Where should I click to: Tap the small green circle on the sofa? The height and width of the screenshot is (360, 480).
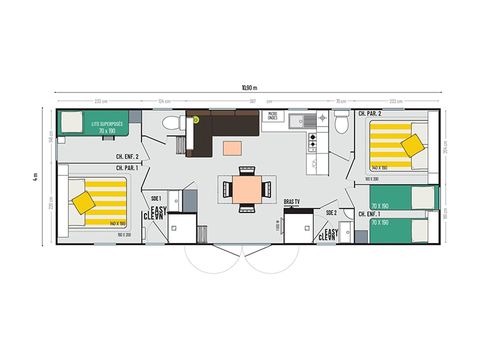tap(196, 118)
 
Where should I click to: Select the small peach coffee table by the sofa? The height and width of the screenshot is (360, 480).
tap(233, 148)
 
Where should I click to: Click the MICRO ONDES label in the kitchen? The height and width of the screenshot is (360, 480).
tap(272, 116)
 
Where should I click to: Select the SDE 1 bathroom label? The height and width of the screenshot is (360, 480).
tap(154, 198)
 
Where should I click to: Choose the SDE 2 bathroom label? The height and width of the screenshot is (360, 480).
tap(331, 212)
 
